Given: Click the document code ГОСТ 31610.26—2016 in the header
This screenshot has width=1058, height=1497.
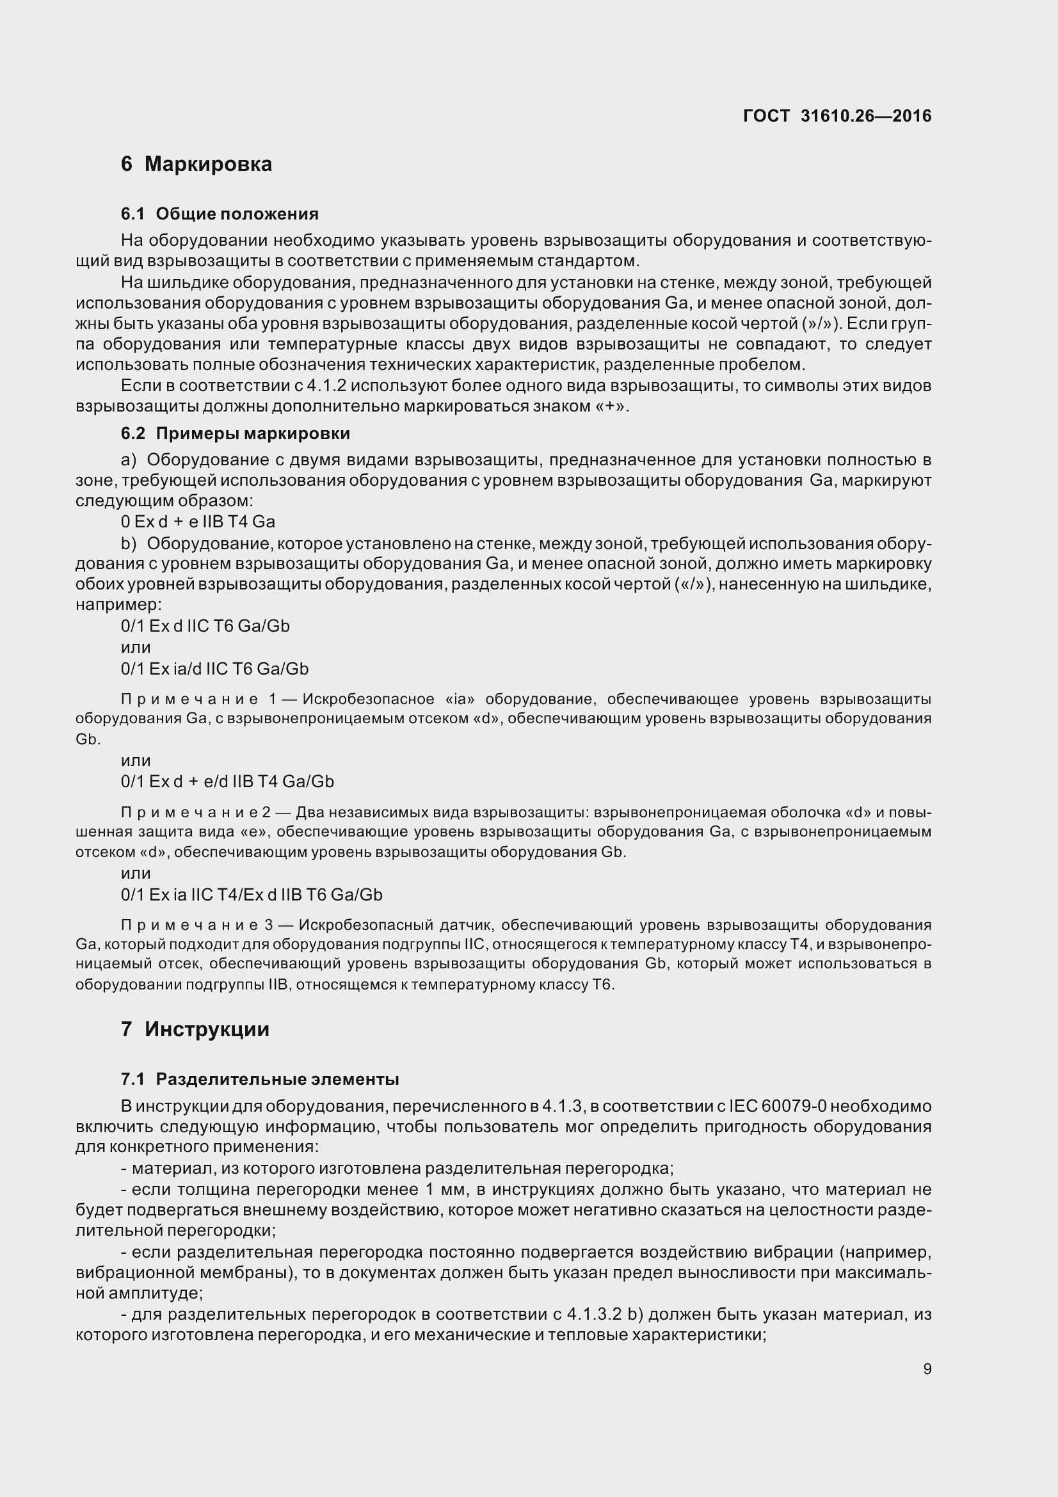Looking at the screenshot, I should [837, 116].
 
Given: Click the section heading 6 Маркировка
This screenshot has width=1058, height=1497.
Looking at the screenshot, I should [196, 164].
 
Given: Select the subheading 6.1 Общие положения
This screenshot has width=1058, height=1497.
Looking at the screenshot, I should [220, 214].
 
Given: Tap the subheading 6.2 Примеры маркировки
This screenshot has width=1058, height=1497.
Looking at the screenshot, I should [236, 433].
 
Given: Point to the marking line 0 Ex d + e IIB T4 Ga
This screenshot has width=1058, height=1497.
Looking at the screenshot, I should [198, 522].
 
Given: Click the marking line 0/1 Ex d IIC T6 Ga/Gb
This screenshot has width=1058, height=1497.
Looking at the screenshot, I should [205, 626].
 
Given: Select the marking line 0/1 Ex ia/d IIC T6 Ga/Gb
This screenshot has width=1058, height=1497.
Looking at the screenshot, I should [214, 669].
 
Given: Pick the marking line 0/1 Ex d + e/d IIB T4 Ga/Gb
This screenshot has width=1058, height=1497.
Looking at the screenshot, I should [227, 781].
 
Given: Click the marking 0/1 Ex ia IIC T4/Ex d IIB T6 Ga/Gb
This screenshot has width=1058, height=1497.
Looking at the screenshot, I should [252, 895].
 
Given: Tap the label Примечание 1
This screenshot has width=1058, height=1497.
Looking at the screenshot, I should [199, 700].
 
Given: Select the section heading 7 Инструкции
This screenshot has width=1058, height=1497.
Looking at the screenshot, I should [195, 1030].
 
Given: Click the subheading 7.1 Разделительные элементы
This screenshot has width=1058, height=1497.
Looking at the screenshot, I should [260, 1079].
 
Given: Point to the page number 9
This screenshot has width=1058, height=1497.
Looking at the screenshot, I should [927, 1369].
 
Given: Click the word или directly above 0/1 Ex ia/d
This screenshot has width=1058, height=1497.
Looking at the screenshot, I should [136, 648].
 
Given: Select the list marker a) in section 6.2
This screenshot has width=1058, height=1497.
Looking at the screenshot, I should [129, 460].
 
